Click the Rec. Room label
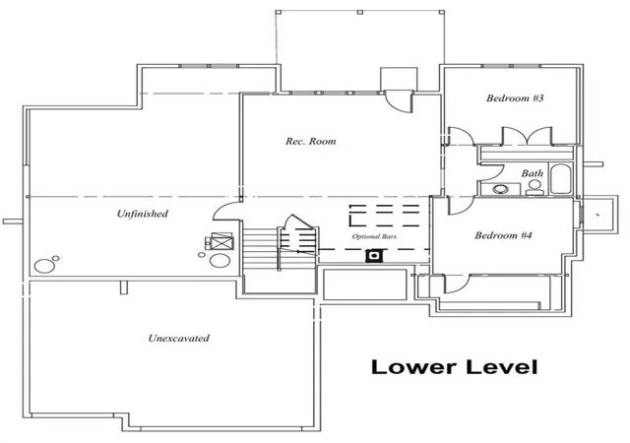tap(311, 141)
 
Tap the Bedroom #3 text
tap(515, 98)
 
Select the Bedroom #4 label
tap(503, 235)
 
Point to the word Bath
tap(532, 173)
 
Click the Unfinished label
tap(142, 214)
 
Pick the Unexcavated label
tap(179, 338)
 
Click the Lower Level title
tap(455, 366)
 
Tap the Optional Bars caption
tap(374, 236)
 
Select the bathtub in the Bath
tap(560, 179)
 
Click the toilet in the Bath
tap(535, 188)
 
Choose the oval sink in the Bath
tap(501, 189)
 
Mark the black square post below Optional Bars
tap(374, 256)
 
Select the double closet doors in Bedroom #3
tap(527, 136)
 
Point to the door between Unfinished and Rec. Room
tap(227, 211)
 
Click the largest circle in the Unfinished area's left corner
tap(44, 266)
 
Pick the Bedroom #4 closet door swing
tap(457, 285)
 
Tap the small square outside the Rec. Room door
tap(399, 80)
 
